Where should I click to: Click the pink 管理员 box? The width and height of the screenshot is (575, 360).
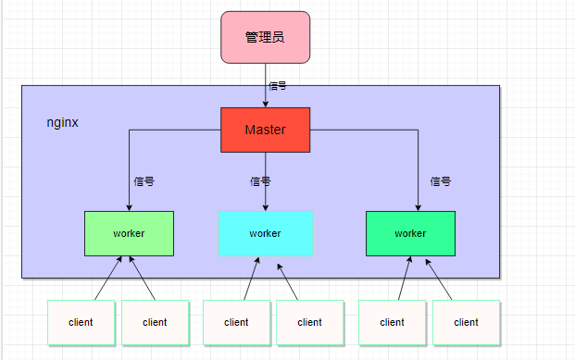coord(265,38)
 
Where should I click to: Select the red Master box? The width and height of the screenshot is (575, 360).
coord(265,130)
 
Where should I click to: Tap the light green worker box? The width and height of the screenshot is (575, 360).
coord(129,233)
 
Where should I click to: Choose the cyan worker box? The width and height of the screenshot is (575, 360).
coord(265,233)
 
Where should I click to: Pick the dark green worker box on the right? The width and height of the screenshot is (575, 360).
coord(410,233)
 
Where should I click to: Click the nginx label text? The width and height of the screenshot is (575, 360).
coord(62,122)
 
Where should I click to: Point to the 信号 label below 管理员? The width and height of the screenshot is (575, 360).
coord(277,85)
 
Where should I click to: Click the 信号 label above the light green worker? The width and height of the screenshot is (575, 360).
coord(144,182)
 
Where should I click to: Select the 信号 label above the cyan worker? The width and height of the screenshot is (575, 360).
coord(260,182)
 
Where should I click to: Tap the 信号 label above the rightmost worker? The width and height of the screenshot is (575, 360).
coord(441,182)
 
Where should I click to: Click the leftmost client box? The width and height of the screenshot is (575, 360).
coord(81,322)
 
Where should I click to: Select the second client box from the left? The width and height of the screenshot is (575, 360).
coord(155,322)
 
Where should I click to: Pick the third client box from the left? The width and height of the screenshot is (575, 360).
coord(236,322)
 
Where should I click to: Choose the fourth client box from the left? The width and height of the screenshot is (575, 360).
coord(310,322)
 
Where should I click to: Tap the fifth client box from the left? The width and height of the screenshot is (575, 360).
coord(392,322)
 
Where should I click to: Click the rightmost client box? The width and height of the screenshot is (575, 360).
coord(466,322)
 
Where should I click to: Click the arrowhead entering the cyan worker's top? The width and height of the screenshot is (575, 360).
coord(266,206)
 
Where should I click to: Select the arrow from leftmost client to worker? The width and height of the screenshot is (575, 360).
coord(106,279)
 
